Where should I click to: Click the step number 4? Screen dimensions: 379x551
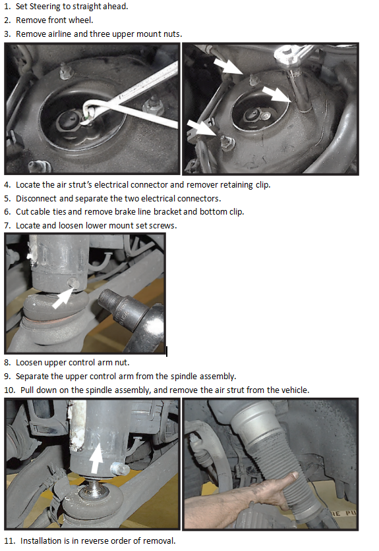coord(7,185)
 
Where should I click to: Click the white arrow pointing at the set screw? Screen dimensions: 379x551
coord(63,298)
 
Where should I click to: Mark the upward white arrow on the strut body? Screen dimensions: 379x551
coord(96,458)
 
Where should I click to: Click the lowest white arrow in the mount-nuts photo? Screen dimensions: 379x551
coord(201,127)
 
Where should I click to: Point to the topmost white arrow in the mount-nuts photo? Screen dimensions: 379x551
coord(228,66)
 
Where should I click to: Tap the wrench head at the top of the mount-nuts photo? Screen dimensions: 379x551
coord(287,56)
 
